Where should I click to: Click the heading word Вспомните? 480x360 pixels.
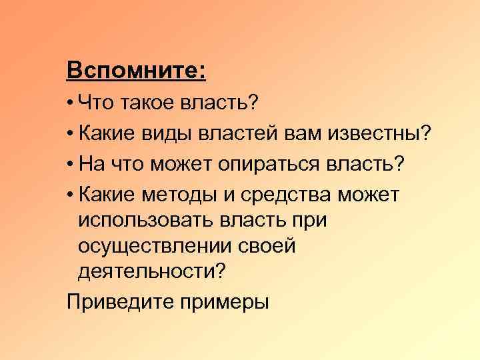[x=136, y=69]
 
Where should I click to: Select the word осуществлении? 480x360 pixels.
[x=154, y=246]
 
